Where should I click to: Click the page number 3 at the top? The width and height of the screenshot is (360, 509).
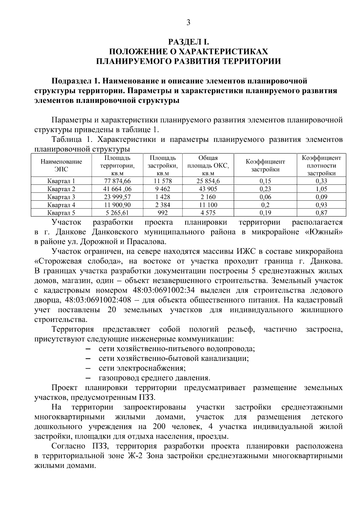[188, 22]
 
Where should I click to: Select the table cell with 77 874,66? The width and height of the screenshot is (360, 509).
[117, 181]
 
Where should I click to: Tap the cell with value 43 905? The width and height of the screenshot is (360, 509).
[208, 189]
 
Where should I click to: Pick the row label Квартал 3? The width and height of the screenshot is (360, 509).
[61, 197]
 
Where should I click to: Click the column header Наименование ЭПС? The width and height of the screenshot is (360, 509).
[61, 165]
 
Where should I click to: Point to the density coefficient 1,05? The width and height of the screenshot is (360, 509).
[321, 189]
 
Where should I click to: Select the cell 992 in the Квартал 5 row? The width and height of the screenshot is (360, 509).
[162, 213]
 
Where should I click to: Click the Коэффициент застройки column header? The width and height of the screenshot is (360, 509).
[265, 165]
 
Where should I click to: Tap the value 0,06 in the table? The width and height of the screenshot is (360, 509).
[265, 197]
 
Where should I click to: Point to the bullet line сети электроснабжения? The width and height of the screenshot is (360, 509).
[142, 368]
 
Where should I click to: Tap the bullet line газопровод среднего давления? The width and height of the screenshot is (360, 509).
[154, 378]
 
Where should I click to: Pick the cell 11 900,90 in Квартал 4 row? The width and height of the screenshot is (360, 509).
[117, 205]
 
